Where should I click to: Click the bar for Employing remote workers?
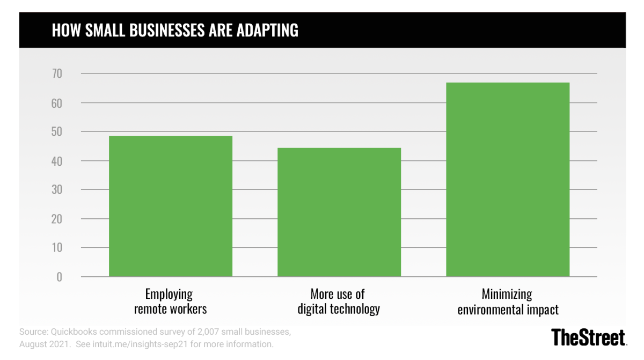(x=171, y=207)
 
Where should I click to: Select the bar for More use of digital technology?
(x=339, y=212)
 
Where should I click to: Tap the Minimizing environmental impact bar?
(x=508, y=180)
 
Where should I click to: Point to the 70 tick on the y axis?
(x=56, y=74)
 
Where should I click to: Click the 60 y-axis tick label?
(x=56, y=102)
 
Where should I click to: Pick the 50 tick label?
(x=56, y=131)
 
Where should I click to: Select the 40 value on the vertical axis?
(x=56, y=161)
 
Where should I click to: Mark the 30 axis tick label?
(x=56, y=190)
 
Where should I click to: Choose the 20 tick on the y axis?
(x=56, y=219)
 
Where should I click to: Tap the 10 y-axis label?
(x=56, y=248)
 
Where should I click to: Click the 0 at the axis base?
(x=59, y=277)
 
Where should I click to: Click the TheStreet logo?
(x=589, y=337)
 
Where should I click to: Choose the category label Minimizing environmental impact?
(x=508, y=302)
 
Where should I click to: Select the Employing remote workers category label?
(x=170, y=302)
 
